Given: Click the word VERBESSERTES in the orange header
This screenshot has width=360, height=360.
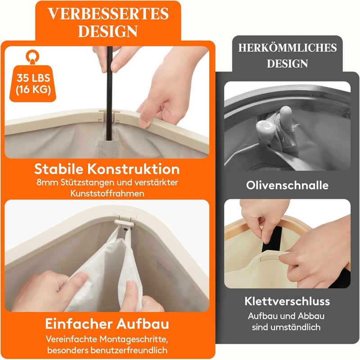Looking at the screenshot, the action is [108, 14].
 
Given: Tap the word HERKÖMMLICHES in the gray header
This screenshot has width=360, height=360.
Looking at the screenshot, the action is [288, 48].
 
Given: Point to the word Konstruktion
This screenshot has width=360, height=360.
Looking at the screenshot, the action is [133, 169].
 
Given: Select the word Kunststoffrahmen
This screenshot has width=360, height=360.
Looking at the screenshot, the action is [107, 193].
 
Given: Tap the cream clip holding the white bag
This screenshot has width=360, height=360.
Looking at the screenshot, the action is [124, 223].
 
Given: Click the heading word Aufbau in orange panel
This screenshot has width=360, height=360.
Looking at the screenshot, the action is [143, 324].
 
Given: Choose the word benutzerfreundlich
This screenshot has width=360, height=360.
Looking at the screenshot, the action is [129, 350].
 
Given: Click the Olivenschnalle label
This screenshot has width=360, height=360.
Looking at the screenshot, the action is [287, 185].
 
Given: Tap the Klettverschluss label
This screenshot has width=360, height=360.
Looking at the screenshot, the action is [287, 301].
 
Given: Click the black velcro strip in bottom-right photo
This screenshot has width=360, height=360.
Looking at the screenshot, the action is [272, 239].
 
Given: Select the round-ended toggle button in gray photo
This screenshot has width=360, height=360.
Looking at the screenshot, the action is [266, 128].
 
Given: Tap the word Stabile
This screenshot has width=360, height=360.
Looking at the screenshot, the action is [59, 169].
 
